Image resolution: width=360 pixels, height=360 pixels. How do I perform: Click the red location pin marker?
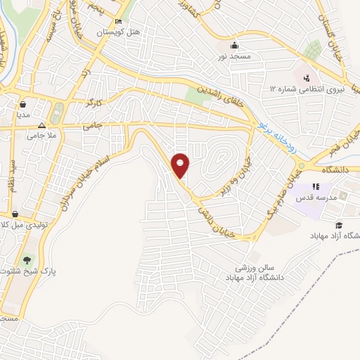click(x=181, y=165)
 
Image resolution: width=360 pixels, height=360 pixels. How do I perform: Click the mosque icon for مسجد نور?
click(x=233, y=43)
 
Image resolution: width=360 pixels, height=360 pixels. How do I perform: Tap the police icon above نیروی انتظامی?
click(x=305, y=77)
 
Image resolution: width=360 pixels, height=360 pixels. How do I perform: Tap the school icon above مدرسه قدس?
click(x=316, y=186)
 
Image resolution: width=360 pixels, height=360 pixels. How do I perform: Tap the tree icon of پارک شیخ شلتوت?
click(x=27, y=261)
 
